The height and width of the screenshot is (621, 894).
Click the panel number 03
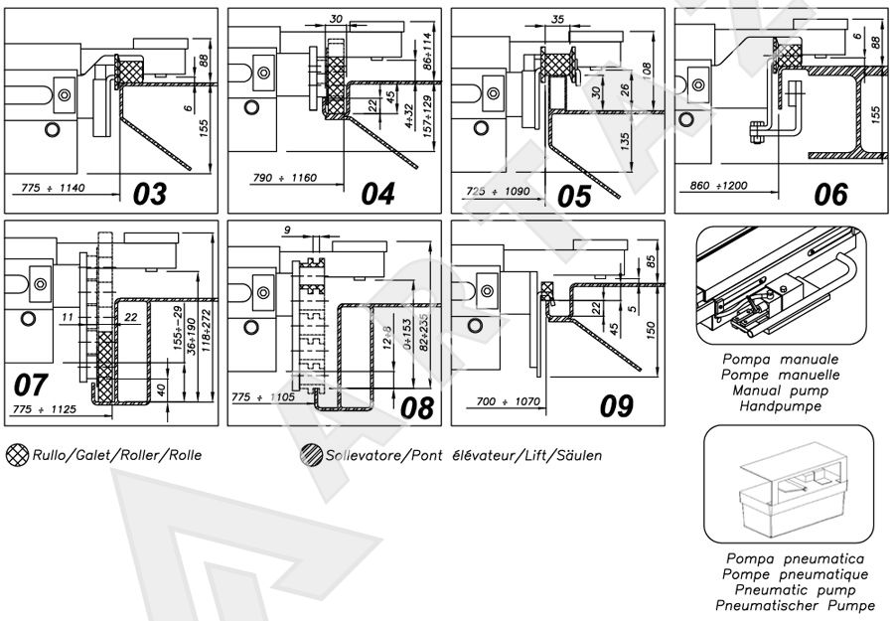click(x=149, y=193)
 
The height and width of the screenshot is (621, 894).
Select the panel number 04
click(x=377, y=193)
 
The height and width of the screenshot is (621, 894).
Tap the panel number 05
click(x=574, y=195)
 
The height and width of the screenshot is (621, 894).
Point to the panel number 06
click(x=829, y=193)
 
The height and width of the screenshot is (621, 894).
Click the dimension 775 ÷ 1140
click(x=54, y=186)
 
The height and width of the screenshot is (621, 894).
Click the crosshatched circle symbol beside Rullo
click(x=15, y=455)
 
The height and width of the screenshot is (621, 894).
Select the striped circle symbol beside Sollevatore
click(x=309, y=456)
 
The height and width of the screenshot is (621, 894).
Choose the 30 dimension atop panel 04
click(x=336, y=19)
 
